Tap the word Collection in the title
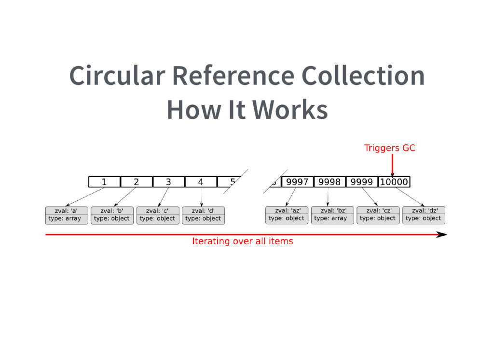[363, 76]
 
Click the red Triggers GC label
[389, 148]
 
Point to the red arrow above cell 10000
[393, 165]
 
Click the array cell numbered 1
[104, 182]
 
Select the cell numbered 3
[168, 182]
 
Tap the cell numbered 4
[201, 182]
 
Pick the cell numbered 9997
[297, 182]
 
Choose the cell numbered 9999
[361, 182]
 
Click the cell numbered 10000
[394, 182]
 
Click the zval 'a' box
[67, 215]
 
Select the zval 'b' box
[112, 215]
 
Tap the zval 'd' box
[203, 215]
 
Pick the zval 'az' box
[287, 215]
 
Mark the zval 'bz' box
[332, 215]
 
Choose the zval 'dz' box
[424, 215]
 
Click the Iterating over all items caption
[242, 241]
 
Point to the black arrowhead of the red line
[441, 235]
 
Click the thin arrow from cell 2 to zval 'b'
[125, 197]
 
